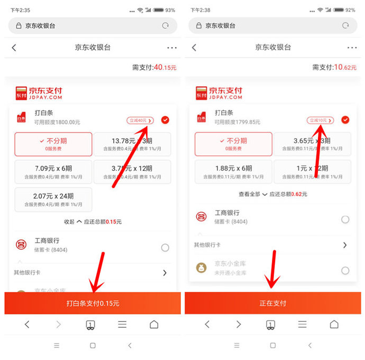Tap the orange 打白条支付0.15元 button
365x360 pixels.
tap(93, 303)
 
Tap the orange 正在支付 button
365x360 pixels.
tap(272, 303)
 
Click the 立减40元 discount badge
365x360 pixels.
tap(140, 121)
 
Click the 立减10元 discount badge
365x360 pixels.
tap(320, 121)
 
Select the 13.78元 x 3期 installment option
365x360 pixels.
tap(132, 144)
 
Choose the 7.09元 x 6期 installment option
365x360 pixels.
tap(53, 171)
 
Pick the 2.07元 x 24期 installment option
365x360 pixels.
tap(53, 199)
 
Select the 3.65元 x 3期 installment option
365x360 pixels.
tap(312, 144)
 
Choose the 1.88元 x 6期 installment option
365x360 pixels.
tap(233, 171)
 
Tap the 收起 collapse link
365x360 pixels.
tap(72, 221)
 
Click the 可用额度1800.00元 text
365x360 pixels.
tap(57, 122)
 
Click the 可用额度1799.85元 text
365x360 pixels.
tap(238, 122)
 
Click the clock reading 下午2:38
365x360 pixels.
tap(200, 10)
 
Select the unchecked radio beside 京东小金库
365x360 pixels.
tap(345, 270)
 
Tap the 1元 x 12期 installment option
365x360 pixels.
tap(312, 171)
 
